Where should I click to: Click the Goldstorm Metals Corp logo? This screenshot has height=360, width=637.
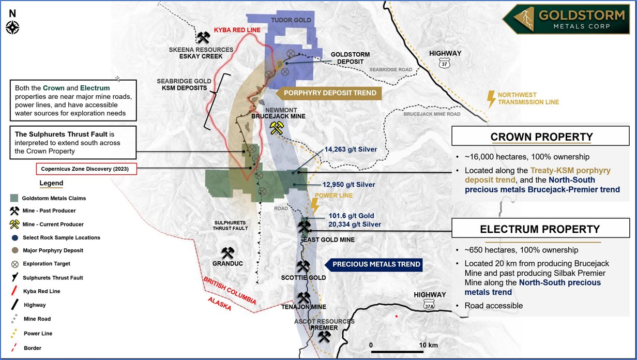(568, 20)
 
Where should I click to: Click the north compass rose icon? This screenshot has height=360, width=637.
(12, 27)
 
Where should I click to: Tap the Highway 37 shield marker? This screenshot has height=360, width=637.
(444, 63)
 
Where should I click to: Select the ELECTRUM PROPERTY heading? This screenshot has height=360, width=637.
(540, 229)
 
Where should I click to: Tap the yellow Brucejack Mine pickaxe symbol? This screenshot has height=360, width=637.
(276, 128)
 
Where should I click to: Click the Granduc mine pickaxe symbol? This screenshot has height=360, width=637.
(228, 253)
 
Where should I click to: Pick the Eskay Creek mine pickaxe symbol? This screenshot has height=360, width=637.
(203, 38)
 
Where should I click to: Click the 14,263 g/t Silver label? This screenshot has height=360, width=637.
(351, 149)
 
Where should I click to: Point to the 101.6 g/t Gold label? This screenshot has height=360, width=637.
(351, 216)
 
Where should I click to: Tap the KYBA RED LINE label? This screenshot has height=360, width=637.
(237, 30)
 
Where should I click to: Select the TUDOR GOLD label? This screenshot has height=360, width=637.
(292, 20)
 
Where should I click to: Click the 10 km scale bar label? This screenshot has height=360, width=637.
(429, 345)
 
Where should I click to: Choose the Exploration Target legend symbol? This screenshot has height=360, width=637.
(14, 264)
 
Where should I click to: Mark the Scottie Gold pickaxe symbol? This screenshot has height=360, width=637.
(303, 266)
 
